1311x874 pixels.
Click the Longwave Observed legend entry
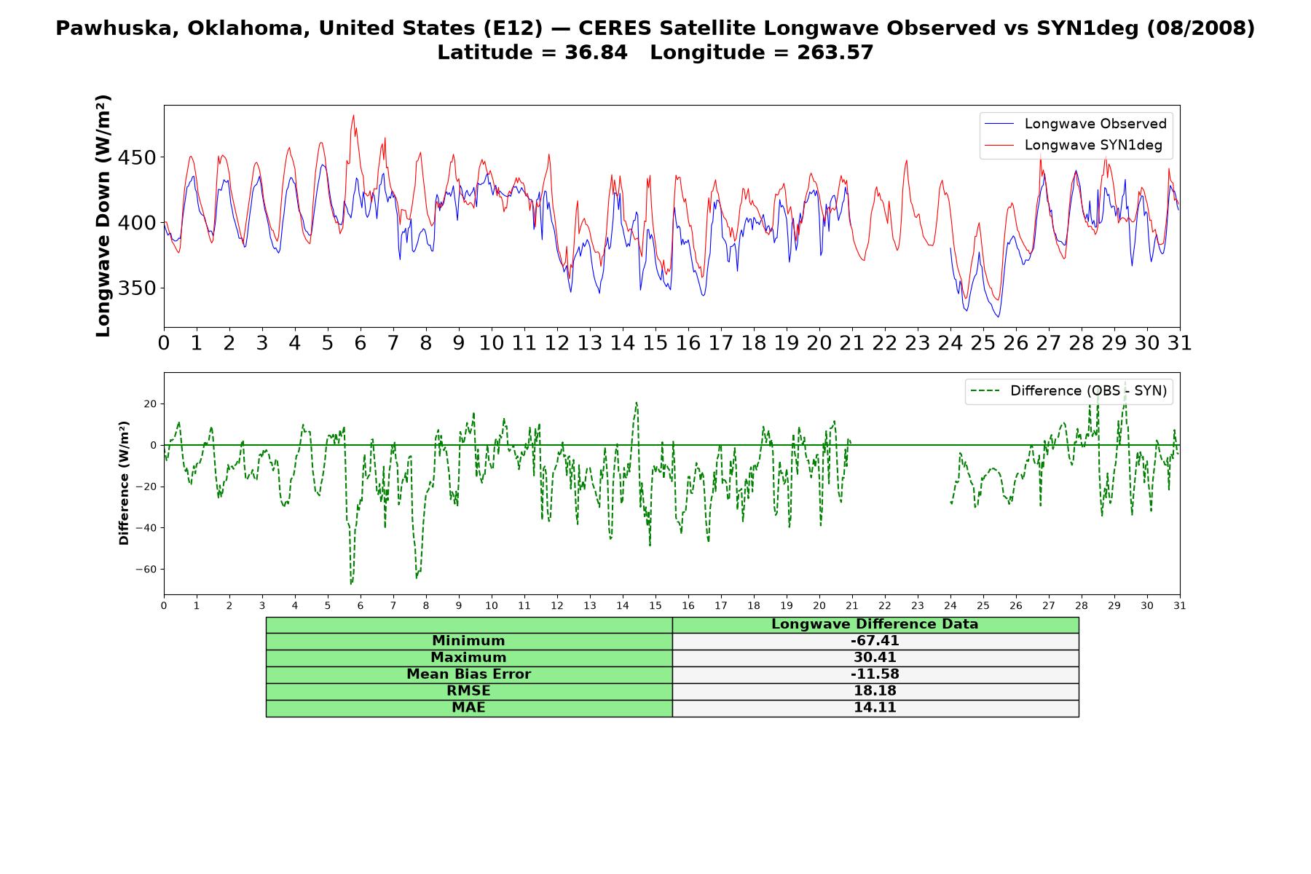pos(1075,124)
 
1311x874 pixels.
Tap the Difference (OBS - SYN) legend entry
pos(1068,391)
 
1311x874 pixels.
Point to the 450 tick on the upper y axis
pos(138,157)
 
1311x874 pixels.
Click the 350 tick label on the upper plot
pos(138,288)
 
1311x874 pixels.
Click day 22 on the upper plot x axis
pos(885,343)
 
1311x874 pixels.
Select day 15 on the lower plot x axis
pos(655,605)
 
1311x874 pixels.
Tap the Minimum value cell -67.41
pos(875,641)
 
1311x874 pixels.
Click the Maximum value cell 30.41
pos(875,658)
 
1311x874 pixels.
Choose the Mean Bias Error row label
pos(468,674)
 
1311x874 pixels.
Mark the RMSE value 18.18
pos(875,691)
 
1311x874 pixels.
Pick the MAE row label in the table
pos(468,708)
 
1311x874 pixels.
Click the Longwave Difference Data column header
pos(875,624)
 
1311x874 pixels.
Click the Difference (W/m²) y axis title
pos(124,483)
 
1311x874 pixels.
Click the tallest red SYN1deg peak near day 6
pos(353,115)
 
